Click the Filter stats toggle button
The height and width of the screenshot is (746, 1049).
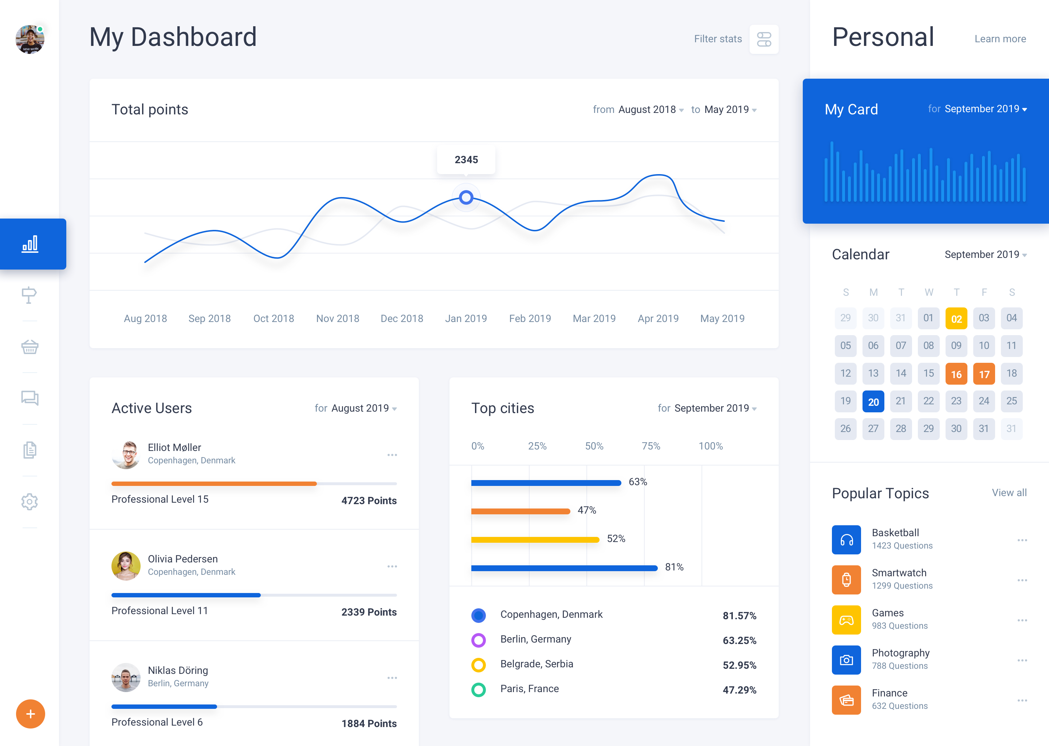(763, 39)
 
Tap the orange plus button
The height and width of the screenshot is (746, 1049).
(30, 714)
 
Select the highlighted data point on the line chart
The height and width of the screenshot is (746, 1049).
(466, 197)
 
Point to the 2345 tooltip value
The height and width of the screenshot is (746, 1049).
(466, 160)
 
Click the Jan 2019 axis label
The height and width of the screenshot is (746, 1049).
(466, 318)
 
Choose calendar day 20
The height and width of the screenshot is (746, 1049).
(873, 401)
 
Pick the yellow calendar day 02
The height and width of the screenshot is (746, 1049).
(956, 318)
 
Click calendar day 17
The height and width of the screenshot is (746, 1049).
(984, 374)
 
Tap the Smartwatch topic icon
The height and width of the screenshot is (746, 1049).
(846, 580)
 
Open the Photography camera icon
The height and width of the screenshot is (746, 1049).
(846, 660)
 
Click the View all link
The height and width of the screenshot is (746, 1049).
(1009, 493)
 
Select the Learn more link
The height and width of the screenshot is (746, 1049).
(1000, 39)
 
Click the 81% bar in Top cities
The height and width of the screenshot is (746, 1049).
(564, 568)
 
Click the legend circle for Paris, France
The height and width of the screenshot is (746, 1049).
(479, 690)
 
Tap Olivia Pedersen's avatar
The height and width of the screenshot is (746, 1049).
(126, 565)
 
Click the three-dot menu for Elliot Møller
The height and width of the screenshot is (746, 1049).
(392, 455)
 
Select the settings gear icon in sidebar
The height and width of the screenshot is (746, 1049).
(30, 502)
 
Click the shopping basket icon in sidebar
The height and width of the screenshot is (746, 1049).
(30, 347)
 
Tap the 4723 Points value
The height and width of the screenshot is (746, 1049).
(369, 501)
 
